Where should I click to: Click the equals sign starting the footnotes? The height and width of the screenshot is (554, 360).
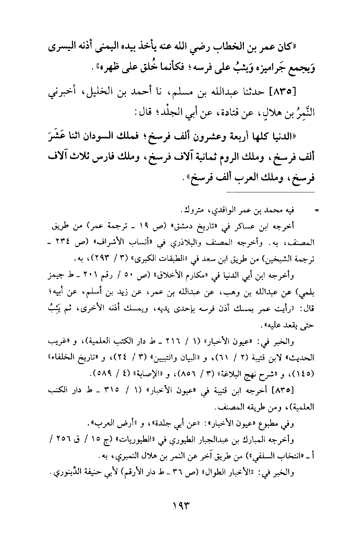point(316,211)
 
